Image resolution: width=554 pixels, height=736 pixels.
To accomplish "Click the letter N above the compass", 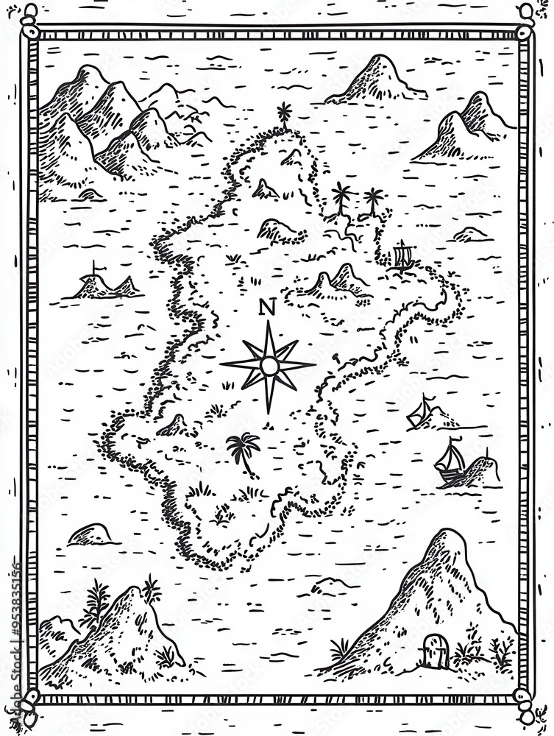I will pos(267,308).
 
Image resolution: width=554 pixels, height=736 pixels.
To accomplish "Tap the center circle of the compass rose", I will pos(269,365).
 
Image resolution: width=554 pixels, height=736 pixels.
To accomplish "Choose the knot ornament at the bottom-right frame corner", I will pos(525,708).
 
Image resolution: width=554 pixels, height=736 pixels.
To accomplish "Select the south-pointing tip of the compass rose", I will pos(269,409).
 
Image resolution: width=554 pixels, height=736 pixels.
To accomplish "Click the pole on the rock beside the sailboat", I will pos(486,453).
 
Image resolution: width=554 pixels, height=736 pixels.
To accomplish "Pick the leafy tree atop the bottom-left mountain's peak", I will pos(152,590).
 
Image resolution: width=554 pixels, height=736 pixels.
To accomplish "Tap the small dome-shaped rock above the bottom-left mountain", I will pos(90,534).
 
